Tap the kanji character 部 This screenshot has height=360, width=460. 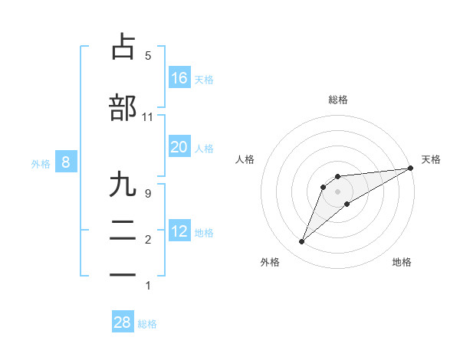(x=123, y=108)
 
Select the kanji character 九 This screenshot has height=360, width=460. (x=123, y=185)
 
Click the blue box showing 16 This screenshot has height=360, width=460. (x=179, y=77)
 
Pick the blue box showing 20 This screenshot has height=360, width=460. (x=179, y=147)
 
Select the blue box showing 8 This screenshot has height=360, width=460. (x=66, y=162)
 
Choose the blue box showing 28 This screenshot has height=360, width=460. (x=123, y=322)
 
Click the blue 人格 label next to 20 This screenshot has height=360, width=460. (x=204, y=148)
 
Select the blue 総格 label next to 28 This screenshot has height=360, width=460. (x=147, y=324)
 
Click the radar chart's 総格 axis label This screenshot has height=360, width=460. (x=337, y=100)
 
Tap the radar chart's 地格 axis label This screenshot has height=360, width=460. (x=402, y=263)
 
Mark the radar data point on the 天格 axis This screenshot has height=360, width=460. (x=410, y=168)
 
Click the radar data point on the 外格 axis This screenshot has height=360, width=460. (x=301, y=242)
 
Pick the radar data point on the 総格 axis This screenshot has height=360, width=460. (x=337, y=176)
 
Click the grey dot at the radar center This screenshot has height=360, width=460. (x=337, y=191)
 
